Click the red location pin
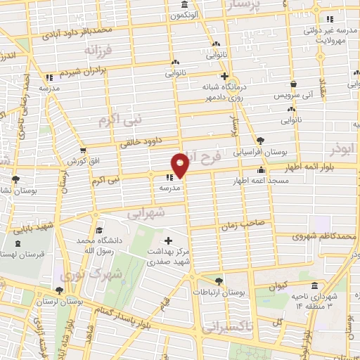181,165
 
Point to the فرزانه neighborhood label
99,51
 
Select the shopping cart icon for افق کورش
84,150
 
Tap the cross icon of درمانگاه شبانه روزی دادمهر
224,76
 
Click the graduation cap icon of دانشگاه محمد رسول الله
100,230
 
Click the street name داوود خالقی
140,141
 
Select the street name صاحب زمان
243,224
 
